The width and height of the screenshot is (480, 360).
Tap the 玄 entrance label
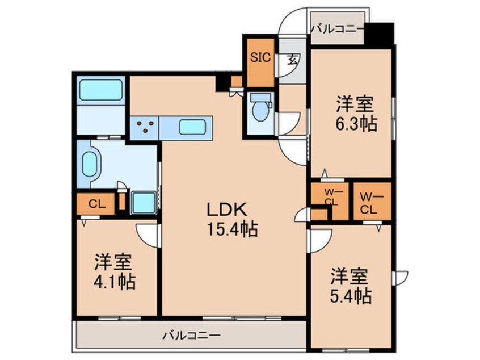pyautogui.click(x=293, y=58)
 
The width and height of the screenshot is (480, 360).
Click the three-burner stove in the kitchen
pyautogui.click(x=144, y=127)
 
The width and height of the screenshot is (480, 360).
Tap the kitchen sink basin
pyautogui.click(x=191, y=127)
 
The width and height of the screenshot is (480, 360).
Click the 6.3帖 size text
pyautogui.click(x=356, y=123)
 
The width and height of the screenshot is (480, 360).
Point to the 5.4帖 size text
pyautogui.click(x=351, y=296)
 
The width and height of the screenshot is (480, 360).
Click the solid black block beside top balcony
pyautogui.click(x=379, y=33)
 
